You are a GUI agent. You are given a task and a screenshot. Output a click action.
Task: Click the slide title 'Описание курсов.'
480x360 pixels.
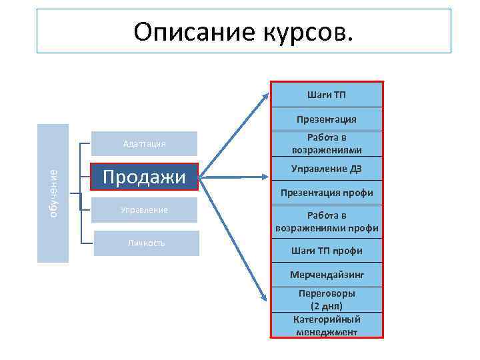pos(244,31)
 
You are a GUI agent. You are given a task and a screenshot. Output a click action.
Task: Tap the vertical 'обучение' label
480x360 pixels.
pos(53,193)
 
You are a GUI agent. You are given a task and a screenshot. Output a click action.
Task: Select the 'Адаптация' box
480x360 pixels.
pos(145,143)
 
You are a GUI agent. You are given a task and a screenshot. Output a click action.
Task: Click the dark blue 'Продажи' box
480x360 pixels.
pos(145,177)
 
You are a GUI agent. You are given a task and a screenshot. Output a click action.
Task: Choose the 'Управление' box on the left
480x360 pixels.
pos(145,210)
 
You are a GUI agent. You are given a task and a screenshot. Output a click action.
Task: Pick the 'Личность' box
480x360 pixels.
pos(147,243)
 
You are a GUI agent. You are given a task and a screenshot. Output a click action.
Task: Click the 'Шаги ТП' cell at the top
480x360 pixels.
pos(327,95)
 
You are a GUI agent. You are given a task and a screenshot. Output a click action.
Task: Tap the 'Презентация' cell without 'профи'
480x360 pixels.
pos(327,119)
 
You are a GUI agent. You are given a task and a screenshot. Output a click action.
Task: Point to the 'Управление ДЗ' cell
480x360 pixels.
pos(327,168)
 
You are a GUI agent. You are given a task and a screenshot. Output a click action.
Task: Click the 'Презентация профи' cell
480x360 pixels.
pos(327,193)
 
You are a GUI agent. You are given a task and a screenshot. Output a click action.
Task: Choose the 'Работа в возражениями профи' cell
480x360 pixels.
pos(327,221)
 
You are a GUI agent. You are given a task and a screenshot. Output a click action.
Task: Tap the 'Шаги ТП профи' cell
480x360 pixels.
pos(327,251)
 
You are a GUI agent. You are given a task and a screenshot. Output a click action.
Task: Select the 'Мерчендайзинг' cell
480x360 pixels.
pos(327,274)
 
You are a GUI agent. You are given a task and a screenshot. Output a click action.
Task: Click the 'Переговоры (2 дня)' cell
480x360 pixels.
pos(327,299)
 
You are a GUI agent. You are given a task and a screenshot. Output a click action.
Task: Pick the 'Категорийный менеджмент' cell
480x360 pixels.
pos(327,325)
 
